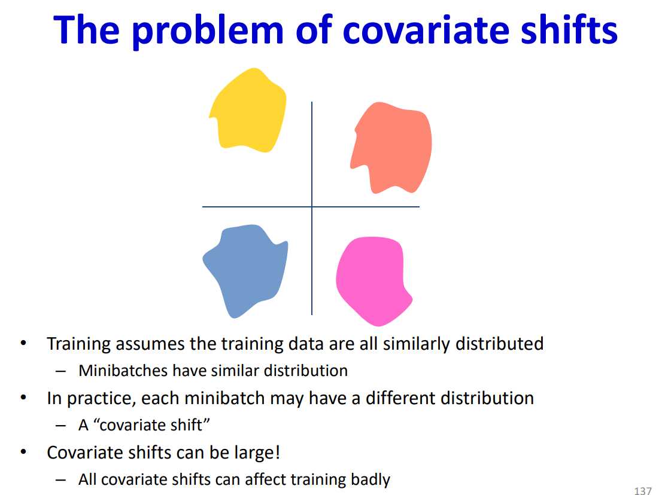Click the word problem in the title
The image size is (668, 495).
coord(208,30)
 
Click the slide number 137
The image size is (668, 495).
coord(643,490)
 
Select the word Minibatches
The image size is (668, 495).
coord(123,371)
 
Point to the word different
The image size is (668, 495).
coord(400,398)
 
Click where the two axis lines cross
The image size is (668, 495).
coord(312,207)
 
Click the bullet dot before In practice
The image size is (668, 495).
coord(24,398)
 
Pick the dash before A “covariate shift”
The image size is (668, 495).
coord(61,425)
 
